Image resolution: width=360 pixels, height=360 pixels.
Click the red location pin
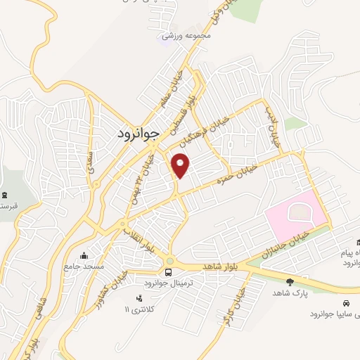[181, 165]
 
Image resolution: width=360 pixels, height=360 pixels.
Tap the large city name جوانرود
[136, 131]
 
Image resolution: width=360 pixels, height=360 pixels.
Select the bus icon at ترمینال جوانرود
[169, 272]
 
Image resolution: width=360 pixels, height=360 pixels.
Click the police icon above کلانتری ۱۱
[127, 298]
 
